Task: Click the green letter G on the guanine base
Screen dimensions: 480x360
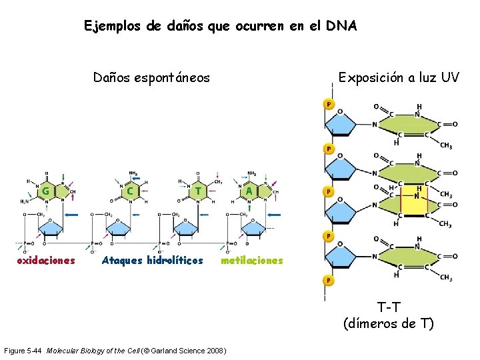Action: (x=45, y=191)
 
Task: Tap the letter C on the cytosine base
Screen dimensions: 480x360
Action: (x=131, y=191)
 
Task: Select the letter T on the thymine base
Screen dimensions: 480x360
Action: (x=197, y=191)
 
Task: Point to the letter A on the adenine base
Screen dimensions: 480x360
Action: (x=249, y=191)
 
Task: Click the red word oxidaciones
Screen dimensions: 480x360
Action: (x=46, y=260)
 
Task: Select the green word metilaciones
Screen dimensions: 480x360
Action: (x=252, y=260)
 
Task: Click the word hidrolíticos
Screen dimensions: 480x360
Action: (x=172, y=260)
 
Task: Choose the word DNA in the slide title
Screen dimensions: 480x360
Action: (x=342, y=27)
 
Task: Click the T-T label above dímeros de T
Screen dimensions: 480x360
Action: (x=388, y=307)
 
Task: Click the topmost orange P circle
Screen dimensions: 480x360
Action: (x=328, y=104)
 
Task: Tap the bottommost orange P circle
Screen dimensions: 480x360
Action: (x=328, y=280)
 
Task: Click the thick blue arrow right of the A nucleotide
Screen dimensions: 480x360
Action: (x=273, y=215)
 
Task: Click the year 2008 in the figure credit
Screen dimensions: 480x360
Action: (x=217, y=351)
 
